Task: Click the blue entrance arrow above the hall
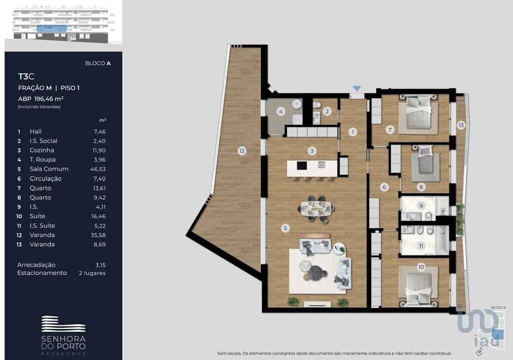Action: [357, 89]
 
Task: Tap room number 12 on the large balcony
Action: [242, 151]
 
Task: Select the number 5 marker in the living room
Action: [285, 228]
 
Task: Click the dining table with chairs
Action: [317, 209]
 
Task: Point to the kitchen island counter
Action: [312, 168]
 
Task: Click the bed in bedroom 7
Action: [418, 113]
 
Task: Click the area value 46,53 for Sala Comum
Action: [98, 169]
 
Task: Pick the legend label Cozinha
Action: [42, 150]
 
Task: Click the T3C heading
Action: [26, 76]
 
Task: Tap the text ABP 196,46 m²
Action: [41, 99]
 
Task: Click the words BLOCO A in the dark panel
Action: [98, 63]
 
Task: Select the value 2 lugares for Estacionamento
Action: [92, 273]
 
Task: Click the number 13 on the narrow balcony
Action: [461, 125]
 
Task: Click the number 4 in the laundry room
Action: [281, 111]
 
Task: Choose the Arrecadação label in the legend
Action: [36, 265]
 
